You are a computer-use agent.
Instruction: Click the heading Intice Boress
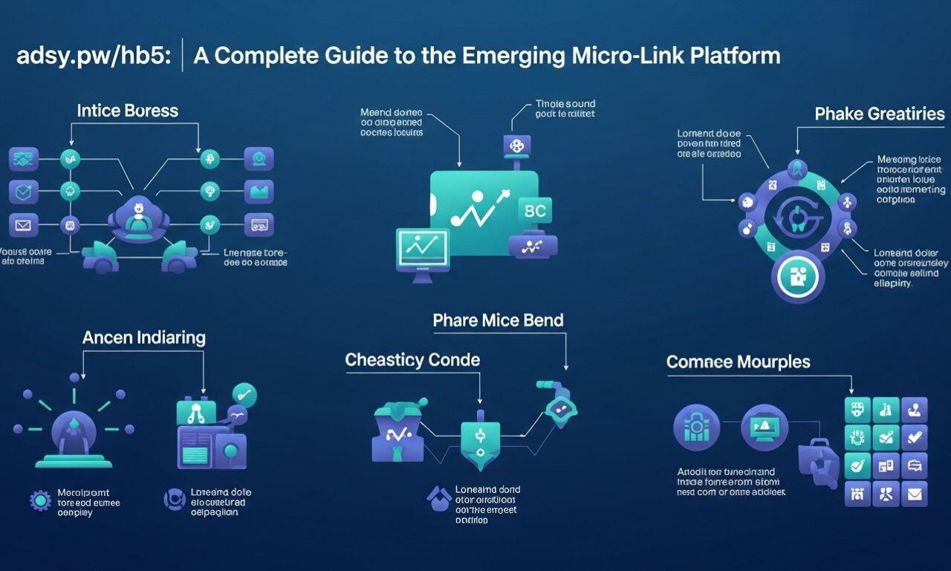tap(128, 111)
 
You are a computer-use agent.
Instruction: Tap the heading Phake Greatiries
tap(880, 114)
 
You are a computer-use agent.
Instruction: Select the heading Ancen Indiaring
tap(143, 337)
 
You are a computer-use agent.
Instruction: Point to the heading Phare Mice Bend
tap(498, 320)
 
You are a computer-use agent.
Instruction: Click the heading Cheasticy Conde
tap(412, 360)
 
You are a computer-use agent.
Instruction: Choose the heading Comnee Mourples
tap(738, 362)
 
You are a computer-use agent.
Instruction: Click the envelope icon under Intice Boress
tap(23, 223)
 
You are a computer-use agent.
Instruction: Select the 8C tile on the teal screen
tap(534, 211)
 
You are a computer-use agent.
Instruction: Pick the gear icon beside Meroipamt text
tap(39, 500)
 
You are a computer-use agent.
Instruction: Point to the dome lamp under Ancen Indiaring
tap(73, 435)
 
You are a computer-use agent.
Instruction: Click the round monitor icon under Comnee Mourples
tap(764, 428)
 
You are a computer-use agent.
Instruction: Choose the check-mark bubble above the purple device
tap(244, 394)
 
